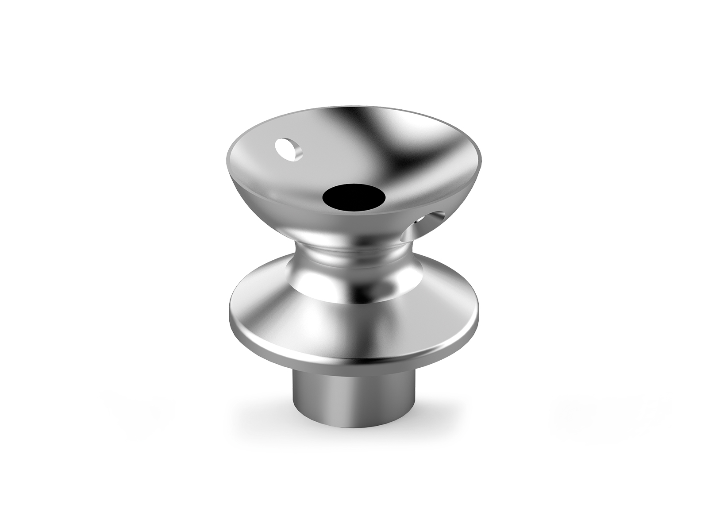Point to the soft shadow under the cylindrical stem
(354, 436)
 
